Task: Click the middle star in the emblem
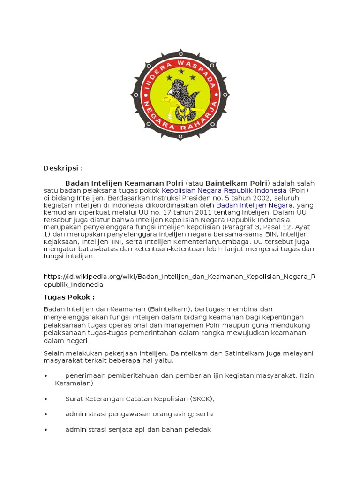pyautogui.click(x=180, y=70)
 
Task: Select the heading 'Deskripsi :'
pyautogui.click(x=63, y=168)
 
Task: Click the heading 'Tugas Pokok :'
pyautogui.click(x=69, y=297)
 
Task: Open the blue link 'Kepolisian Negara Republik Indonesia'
pyautogui.click(x=224, y=191)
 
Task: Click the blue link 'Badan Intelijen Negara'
pyautogui.click(x=254, y=205)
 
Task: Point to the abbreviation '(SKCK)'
pyautogui.click(x=202, y=399)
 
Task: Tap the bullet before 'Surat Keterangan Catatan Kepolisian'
pyautogui.click(x=45, y=399)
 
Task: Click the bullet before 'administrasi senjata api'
pyautogui.click(x=45, y=430)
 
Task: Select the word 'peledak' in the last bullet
pyautogui.click(x=199, y=429)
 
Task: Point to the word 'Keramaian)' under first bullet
pyautogui.click(x=74, y=383)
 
